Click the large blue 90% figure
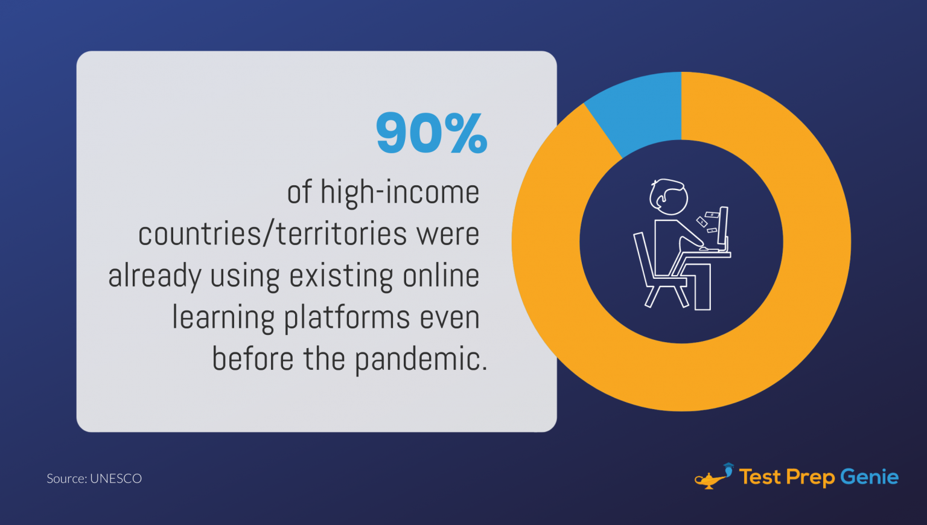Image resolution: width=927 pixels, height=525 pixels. (x=432, y=132)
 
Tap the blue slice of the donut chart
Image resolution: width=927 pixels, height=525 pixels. (x=639, y=110)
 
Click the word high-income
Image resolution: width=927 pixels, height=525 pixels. (x=400, y=192)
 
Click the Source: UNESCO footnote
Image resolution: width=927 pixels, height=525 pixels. (x=94, y=479)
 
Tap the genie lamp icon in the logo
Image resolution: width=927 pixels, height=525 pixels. (x=713, y=477)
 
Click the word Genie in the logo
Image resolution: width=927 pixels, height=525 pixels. (x=870, y=477)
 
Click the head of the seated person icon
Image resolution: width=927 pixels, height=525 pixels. (x=668, y=197)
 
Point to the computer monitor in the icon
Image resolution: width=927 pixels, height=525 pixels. (x=724, y=229)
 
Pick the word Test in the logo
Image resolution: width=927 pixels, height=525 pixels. (x=760, y=477)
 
